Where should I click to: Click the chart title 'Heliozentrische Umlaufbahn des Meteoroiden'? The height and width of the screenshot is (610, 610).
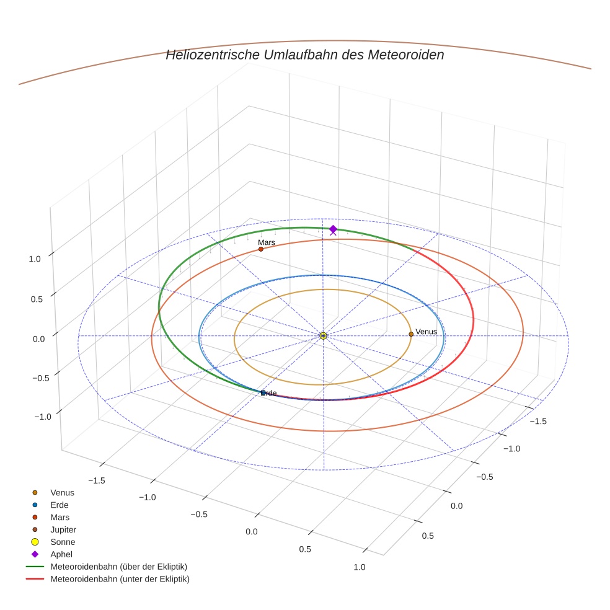click(x=304, y=55)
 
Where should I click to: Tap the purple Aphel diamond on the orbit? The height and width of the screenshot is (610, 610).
click(x=333, y=229)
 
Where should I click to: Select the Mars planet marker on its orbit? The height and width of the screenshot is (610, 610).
click(x=261, y=249)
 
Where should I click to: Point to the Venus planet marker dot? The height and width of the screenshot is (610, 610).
click(x=411, y=334)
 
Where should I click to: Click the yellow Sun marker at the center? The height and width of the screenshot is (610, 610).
click(x=323, y=335)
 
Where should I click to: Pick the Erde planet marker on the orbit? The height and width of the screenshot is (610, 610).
click(x=263, y=393)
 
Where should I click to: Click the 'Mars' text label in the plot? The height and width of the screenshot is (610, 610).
click(x=267, y=242)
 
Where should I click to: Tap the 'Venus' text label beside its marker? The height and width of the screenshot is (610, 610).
click(x=426, y=332)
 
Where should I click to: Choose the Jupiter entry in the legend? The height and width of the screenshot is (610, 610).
click(x=63, y=529)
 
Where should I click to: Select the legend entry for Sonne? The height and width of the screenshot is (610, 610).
click(x=63, y=542)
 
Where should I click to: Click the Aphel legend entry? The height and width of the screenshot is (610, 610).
click(x=62, y=554)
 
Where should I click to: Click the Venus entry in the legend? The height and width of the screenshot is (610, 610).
click(x=62, y=492)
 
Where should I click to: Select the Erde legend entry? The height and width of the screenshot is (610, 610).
click(x=60, y=505)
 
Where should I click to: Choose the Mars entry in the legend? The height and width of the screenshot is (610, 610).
click(x=60, y=517)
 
